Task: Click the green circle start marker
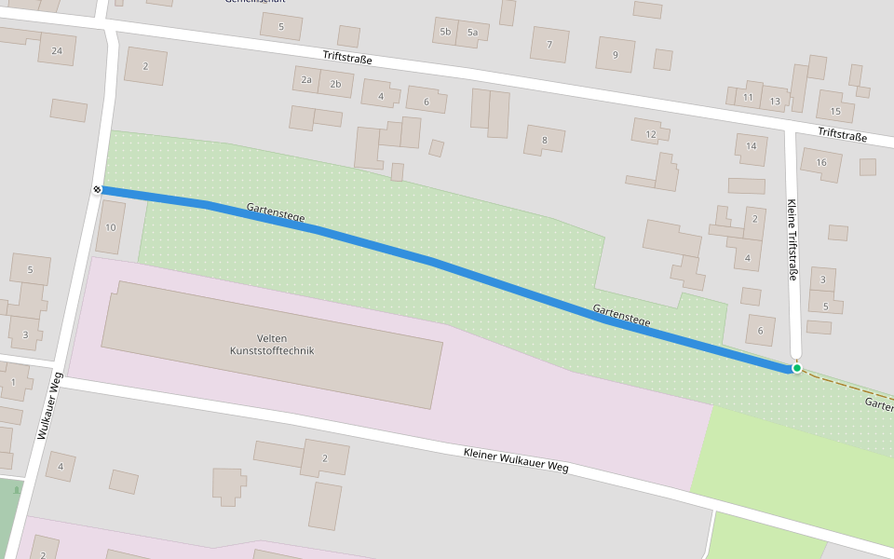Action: click(797, 368)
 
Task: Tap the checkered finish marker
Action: click(97, 190)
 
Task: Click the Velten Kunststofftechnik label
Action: click(273, 344)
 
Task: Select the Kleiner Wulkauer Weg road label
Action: click(515, 459)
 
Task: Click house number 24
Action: click(57, 50)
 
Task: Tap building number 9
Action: click(615, 54)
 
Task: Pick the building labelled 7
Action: click(549, 44)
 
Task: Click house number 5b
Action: click(445, 32)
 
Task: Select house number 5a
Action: click(472, 33)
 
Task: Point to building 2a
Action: click(306, 80)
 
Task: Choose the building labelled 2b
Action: click(336, 84)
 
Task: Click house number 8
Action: click(545, 141)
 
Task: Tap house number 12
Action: click(651, 134)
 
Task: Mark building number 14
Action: click(751, 146)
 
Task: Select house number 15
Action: click(835, 112)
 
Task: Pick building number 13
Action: click(775, 100)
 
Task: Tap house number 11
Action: click(748, 97)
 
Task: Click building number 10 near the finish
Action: click(110, 227)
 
